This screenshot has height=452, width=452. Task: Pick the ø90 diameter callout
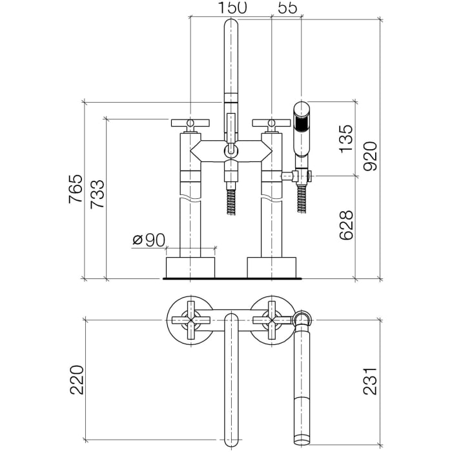pos(149,240)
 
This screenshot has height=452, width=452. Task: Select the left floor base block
pos(190,267)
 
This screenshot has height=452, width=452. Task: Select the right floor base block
pos(271,267)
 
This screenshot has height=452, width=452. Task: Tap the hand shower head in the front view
pos(302,128)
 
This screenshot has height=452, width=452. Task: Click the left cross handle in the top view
pos(190,319)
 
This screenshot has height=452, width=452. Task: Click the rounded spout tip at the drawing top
pos(231,29)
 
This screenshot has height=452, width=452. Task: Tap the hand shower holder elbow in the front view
pos(301,175)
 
